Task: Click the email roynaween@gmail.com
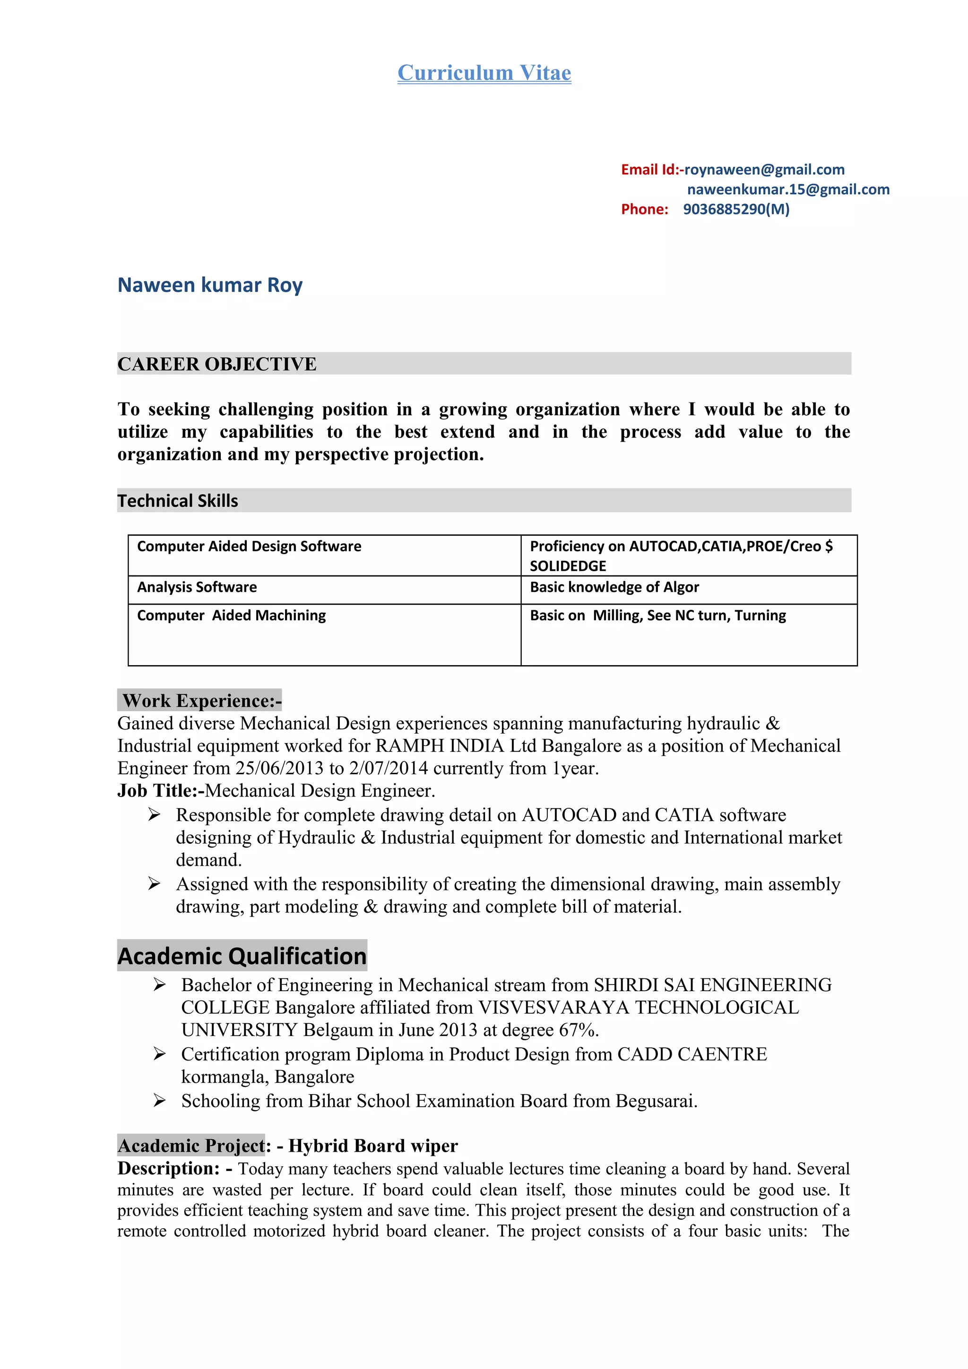(764, 170)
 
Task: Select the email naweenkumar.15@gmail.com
(788, 189)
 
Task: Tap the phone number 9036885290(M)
(735, 209)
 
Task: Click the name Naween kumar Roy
(210, 285)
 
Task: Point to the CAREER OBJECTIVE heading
(216, 364)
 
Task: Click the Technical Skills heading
(178, 501)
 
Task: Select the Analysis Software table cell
(197, 587)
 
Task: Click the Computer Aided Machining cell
(232, 616)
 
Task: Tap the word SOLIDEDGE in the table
(567, 566)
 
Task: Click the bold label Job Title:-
(160, 791)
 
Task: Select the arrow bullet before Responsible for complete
(155, 814)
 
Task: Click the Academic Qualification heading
(242, 956)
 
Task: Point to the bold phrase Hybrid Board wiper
(373, 1146)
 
